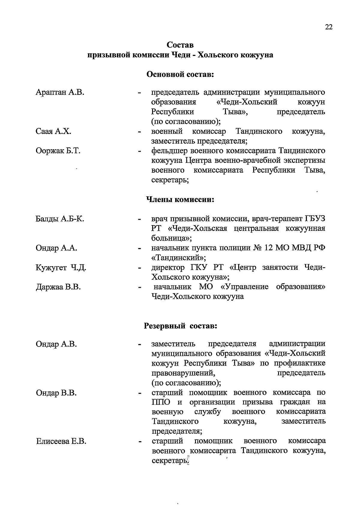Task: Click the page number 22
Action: pyautogui.click(x=328, y=27)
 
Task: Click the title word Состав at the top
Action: pyautogui.click(x=180, y=45)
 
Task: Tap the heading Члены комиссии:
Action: pyautogui.click(x=180, y=199)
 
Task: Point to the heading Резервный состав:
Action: pyautogui.click(x=180, y=326)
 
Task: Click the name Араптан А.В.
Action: pyautogui.click(x=60, y=92)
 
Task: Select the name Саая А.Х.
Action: pyautogui.click(x=53, y=131)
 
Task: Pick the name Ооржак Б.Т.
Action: pyautogui.click(x=58, y=151)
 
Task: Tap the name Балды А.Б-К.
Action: pyautogui.click(x=60, y=219)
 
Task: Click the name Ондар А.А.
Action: pyautogui.click(x=56, y=248)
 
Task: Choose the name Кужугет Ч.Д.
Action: pyautogui.click(x=61, y=268)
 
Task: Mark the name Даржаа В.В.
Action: pyautogui.click(x=58, y=287)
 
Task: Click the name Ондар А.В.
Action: pyautogui.click(x=56, y=344)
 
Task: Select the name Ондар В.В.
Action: pyautogui.click(x=56, y=393)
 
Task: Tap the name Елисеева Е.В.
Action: pyautogui.click(x=61, y=441)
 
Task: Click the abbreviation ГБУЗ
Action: pyautogui.click(x=315, y=219)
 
